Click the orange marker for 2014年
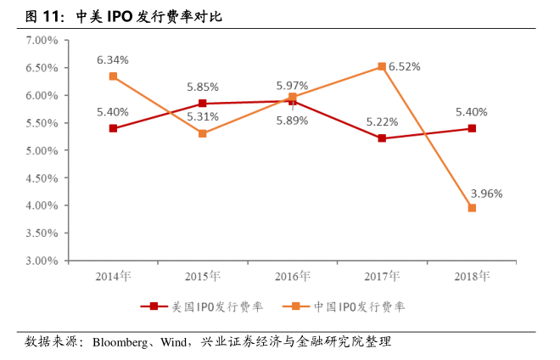point(113,76)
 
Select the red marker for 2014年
point(113,128)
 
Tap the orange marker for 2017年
point(382,66)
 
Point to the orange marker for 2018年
point(472,208)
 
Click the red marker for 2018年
point(472,128)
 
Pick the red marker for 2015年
point(203,104)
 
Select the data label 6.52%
point(406,66)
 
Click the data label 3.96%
point(486,193)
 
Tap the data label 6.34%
point(113,60)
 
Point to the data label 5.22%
point(382,122)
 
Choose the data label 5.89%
point(292,121)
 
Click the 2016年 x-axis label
point(292,276)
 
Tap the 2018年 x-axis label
point(472,276)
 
